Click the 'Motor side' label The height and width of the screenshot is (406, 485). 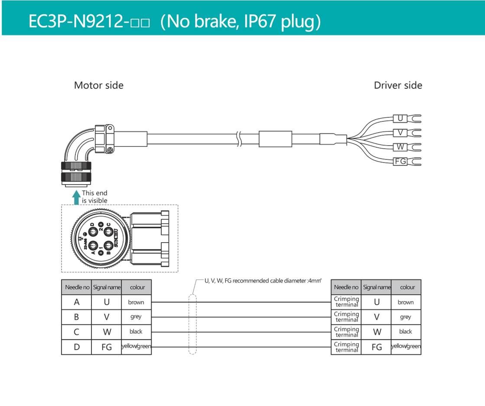[98, 85]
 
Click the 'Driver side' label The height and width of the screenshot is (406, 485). [397, 85]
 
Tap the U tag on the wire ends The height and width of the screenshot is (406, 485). [400, 118]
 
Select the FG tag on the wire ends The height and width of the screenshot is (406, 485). [400, 162]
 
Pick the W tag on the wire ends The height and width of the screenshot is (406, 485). [400, 147]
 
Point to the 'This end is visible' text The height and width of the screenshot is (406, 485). [94, 197]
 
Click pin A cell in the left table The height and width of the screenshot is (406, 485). [76, 302]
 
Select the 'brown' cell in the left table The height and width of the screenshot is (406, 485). [136, 302]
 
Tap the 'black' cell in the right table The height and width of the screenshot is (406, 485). [406, 331]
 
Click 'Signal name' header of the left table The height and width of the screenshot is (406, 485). [107, 287]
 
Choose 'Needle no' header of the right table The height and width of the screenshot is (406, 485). [346, 287]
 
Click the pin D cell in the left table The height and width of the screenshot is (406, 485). [76, 347]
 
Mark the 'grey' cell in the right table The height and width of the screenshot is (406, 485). [406, 317]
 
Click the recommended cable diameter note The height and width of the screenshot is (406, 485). [263, 281]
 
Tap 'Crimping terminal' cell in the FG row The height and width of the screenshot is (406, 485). [346, 347]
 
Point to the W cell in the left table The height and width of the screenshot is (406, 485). [107, 331]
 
